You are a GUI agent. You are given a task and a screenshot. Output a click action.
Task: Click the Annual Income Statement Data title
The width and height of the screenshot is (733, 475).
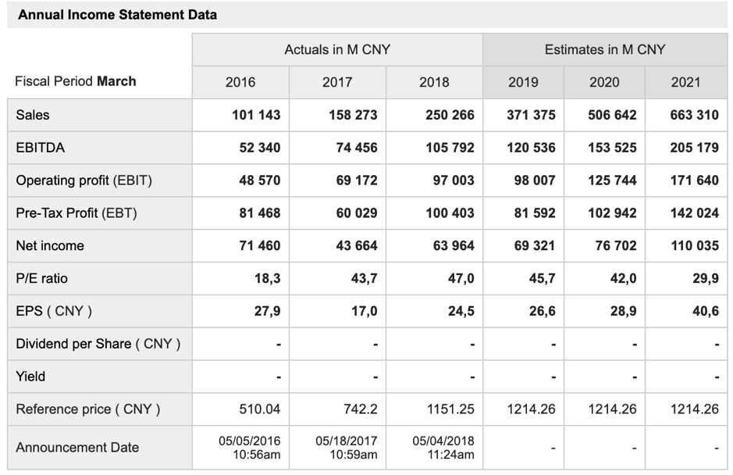pyautogui.click(x=118, y=15)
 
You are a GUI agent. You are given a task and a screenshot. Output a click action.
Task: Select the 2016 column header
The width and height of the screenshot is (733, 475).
pyautogui.click(x=240, y=82)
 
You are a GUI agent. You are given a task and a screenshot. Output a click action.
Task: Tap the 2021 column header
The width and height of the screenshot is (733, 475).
pyautogui.click(x=685, y=82)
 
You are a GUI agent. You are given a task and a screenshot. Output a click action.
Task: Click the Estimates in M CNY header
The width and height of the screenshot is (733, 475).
pyautogui.click(x=605, y=50)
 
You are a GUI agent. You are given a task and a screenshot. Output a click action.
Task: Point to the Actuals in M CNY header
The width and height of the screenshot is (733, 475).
pyautogui.click(x=337, y=50)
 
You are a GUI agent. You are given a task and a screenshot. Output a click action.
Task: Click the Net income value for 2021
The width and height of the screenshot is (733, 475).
pyautogui.click(x=694, y=246)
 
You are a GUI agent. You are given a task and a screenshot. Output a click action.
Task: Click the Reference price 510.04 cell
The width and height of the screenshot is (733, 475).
pyautogui.click(x=257, y=409)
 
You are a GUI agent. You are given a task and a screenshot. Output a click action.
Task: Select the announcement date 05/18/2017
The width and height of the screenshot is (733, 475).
pyautogui.click(x=346, y=441)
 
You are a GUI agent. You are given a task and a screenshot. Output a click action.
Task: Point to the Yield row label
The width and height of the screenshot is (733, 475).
pyautogui.click(x=30, y=377)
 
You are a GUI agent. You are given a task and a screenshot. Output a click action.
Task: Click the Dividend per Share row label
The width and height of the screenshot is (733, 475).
pyautogui.click(x=98, y=344)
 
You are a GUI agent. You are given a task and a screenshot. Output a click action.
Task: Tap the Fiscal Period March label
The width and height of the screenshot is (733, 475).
pyautogui.click(x=76, y=81)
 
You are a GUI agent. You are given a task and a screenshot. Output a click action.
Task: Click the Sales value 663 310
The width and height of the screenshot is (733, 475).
pyautogui.click(x=694, y=115)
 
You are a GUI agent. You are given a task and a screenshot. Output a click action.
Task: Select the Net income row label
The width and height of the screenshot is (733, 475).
pyautogui.click(x=50, y=246)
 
